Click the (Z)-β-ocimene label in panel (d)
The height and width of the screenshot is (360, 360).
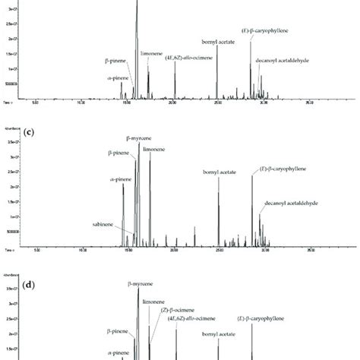[175, 311]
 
